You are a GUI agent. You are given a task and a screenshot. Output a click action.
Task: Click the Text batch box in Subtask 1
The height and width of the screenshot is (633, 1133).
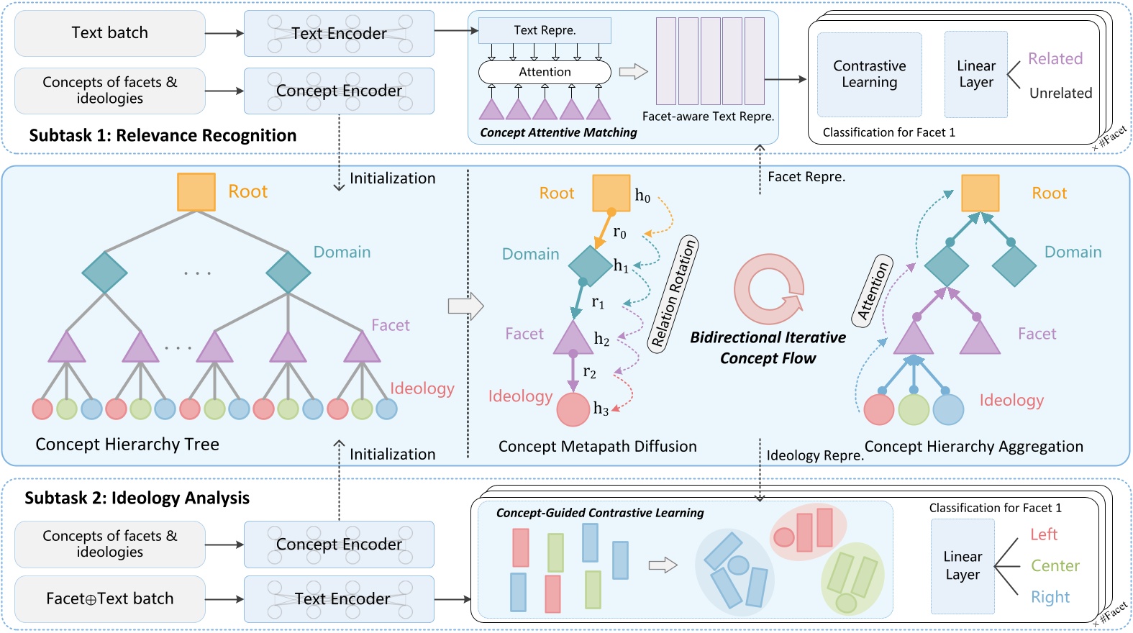(x=110, y=33)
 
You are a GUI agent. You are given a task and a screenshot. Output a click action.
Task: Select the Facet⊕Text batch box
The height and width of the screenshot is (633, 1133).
(x=110, y=598)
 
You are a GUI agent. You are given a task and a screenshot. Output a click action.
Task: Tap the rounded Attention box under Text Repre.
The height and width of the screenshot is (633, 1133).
(x=545, y=72)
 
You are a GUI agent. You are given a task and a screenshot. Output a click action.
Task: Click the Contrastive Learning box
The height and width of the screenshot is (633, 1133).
(x=869, y=74)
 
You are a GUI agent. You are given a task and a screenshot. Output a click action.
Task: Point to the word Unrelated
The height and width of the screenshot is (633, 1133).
(x=1060, y=93)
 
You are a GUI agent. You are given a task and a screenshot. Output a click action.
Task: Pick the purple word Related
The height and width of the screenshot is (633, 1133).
(x=1055, y=59)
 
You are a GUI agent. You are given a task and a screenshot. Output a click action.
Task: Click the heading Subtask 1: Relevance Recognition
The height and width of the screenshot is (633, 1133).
(x=163, y=135)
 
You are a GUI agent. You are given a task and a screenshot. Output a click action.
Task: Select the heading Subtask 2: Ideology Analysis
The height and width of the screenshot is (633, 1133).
(x=137, y=498)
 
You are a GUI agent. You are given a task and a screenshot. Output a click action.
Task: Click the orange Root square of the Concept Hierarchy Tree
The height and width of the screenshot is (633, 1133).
(x=196, y=192)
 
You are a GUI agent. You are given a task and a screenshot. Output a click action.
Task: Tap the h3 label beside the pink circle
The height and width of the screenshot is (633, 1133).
(x=601, y=409)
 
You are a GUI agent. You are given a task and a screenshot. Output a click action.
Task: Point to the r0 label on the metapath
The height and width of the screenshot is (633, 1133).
(x=619, y=232)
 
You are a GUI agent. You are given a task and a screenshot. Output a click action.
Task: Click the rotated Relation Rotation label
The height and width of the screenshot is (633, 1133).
(x=673, y=293)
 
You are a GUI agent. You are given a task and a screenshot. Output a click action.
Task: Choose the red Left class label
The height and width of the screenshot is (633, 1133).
(x=1043, y=534)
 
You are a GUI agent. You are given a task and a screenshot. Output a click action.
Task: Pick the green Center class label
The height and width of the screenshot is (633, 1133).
(x=1055, y=566)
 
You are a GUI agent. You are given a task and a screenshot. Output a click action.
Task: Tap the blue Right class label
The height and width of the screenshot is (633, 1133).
(x=1050, y=597)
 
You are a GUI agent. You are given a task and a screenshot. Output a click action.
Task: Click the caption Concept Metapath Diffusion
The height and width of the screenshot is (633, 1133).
(x=597, y=447)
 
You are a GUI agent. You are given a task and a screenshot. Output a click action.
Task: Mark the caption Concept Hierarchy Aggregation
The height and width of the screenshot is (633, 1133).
(x=973, y=447)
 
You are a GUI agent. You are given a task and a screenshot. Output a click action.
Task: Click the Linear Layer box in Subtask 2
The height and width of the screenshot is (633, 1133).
(x=963, y=566)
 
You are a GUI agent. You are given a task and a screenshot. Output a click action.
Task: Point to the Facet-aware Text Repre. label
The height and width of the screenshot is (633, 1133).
(x=708, y=117)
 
